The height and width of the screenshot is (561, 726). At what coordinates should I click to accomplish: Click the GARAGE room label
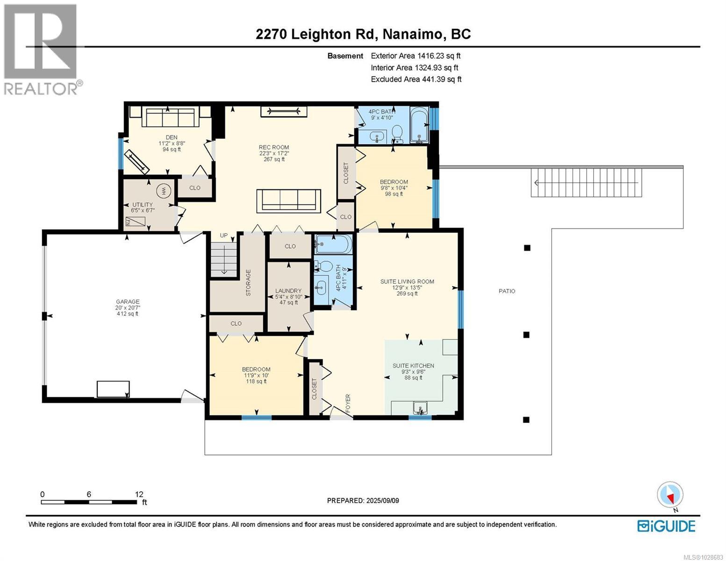[x=128, y=302]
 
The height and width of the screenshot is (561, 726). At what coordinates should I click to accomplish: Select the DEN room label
[x=172, y=137]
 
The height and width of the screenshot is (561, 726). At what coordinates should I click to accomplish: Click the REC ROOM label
[x=274, y=147]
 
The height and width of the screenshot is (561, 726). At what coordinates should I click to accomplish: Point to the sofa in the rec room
[x=288, y=201]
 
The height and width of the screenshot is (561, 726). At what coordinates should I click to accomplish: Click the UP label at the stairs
[x=224, y=235]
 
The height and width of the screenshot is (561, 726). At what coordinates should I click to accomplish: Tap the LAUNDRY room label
[x=288, y=291]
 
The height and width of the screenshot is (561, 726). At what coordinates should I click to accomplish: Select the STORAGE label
[x=248, y=282]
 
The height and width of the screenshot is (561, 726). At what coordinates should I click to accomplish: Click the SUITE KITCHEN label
[x=413, y=366]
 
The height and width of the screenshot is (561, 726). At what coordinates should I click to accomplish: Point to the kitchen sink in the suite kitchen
[x=420, y=409]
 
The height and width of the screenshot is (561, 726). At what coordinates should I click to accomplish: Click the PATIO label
[x=507, y=291]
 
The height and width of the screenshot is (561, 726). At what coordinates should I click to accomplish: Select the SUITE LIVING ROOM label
[x=407, y=281]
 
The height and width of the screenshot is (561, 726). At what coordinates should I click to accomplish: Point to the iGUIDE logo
[x=666, y=526]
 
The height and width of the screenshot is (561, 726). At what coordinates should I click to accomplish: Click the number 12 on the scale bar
[x=139, y=494]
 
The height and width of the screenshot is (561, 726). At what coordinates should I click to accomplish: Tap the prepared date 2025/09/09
[x=381, y=501]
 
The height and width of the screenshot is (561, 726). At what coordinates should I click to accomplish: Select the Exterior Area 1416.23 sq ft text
[x=416, y=56]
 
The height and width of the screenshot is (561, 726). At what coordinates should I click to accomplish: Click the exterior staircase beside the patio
[x=586, y=183]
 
